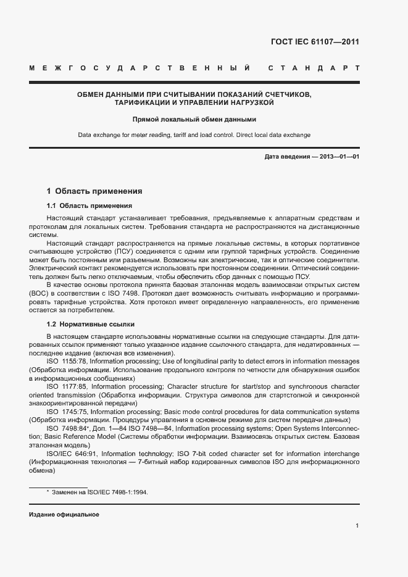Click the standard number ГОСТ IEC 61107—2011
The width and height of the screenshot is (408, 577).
(x=315, y=42)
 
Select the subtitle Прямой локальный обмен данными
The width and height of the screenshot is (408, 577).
(x=194, y=119)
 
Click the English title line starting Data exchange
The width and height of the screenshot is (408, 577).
(x=194, y=135)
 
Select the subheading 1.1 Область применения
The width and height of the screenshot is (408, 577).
(x=89, y=205)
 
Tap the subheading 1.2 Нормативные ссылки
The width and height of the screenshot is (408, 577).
(x=91, y=324)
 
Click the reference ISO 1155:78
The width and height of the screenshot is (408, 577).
(x=67, y=360)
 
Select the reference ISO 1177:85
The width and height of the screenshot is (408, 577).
(x=67, y=385)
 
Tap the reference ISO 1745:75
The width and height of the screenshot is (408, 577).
(x=67, y=411)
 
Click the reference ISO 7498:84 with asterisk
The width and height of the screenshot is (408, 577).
(x=68, y=428)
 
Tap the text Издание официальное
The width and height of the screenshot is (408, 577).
(x=64, y=514)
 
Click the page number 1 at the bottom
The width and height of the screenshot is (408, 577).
(x=357, y=526)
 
